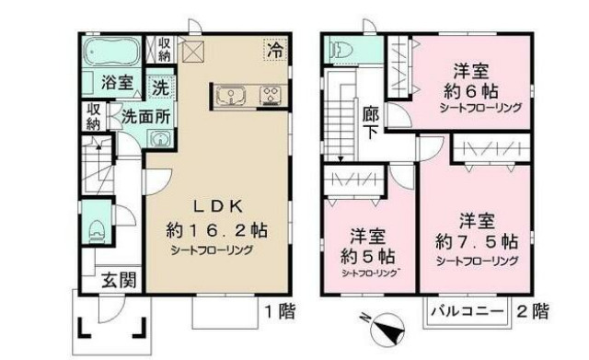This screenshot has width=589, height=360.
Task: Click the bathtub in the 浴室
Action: pos(110,50)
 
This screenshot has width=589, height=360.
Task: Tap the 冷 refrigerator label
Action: pos(275,52)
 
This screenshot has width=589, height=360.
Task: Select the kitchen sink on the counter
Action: pos(230,94)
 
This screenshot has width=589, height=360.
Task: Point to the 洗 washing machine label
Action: pos(160,89)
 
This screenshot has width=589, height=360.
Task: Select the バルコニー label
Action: pos(467,312)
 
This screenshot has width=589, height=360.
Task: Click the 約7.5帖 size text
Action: pos(477,242)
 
